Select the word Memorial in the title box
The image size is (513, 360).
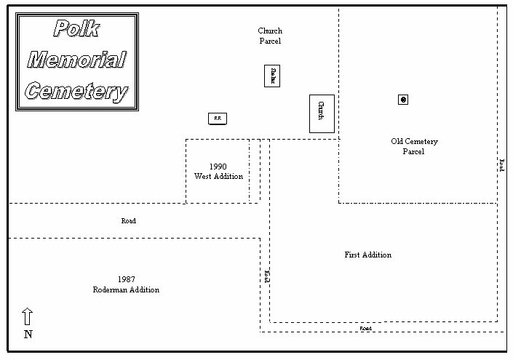pos(77,60)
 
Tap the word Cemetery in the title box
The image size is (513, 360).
pos(77,92)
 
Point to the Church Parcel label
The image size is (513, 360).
pos(270,36)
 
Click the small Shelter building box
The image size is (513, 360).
pos(272,76)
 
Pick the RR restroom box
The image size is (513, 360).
pos(217,118)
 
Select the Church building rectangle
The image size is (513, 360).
pos(322,113)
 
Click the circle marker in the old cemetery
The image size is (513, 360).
pos(403,100)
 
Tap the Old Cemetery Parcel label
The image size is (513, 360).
pos(413,146)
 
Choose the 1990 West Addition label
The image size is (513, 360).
pos(218,172)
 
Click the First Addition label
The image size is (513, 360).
pos(367,255)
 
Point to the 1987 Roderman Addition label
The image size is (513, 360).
pos(126,284)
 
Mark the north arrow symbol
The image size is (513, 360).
pos(28,316)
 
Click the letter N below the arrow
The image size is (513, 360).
pos(28,335)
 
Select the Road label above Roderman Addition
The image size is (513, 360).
pos(129,220)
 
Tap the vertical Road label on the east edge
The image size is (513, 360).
pos(501,164)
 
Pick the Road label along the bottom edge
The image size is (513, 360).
pos(366,329)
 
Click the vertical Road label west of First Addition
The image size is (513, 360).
pos(267,276)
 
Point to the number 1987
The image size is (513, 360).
pos(126,279)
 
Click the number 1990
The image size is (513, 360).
pos(218,167)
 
